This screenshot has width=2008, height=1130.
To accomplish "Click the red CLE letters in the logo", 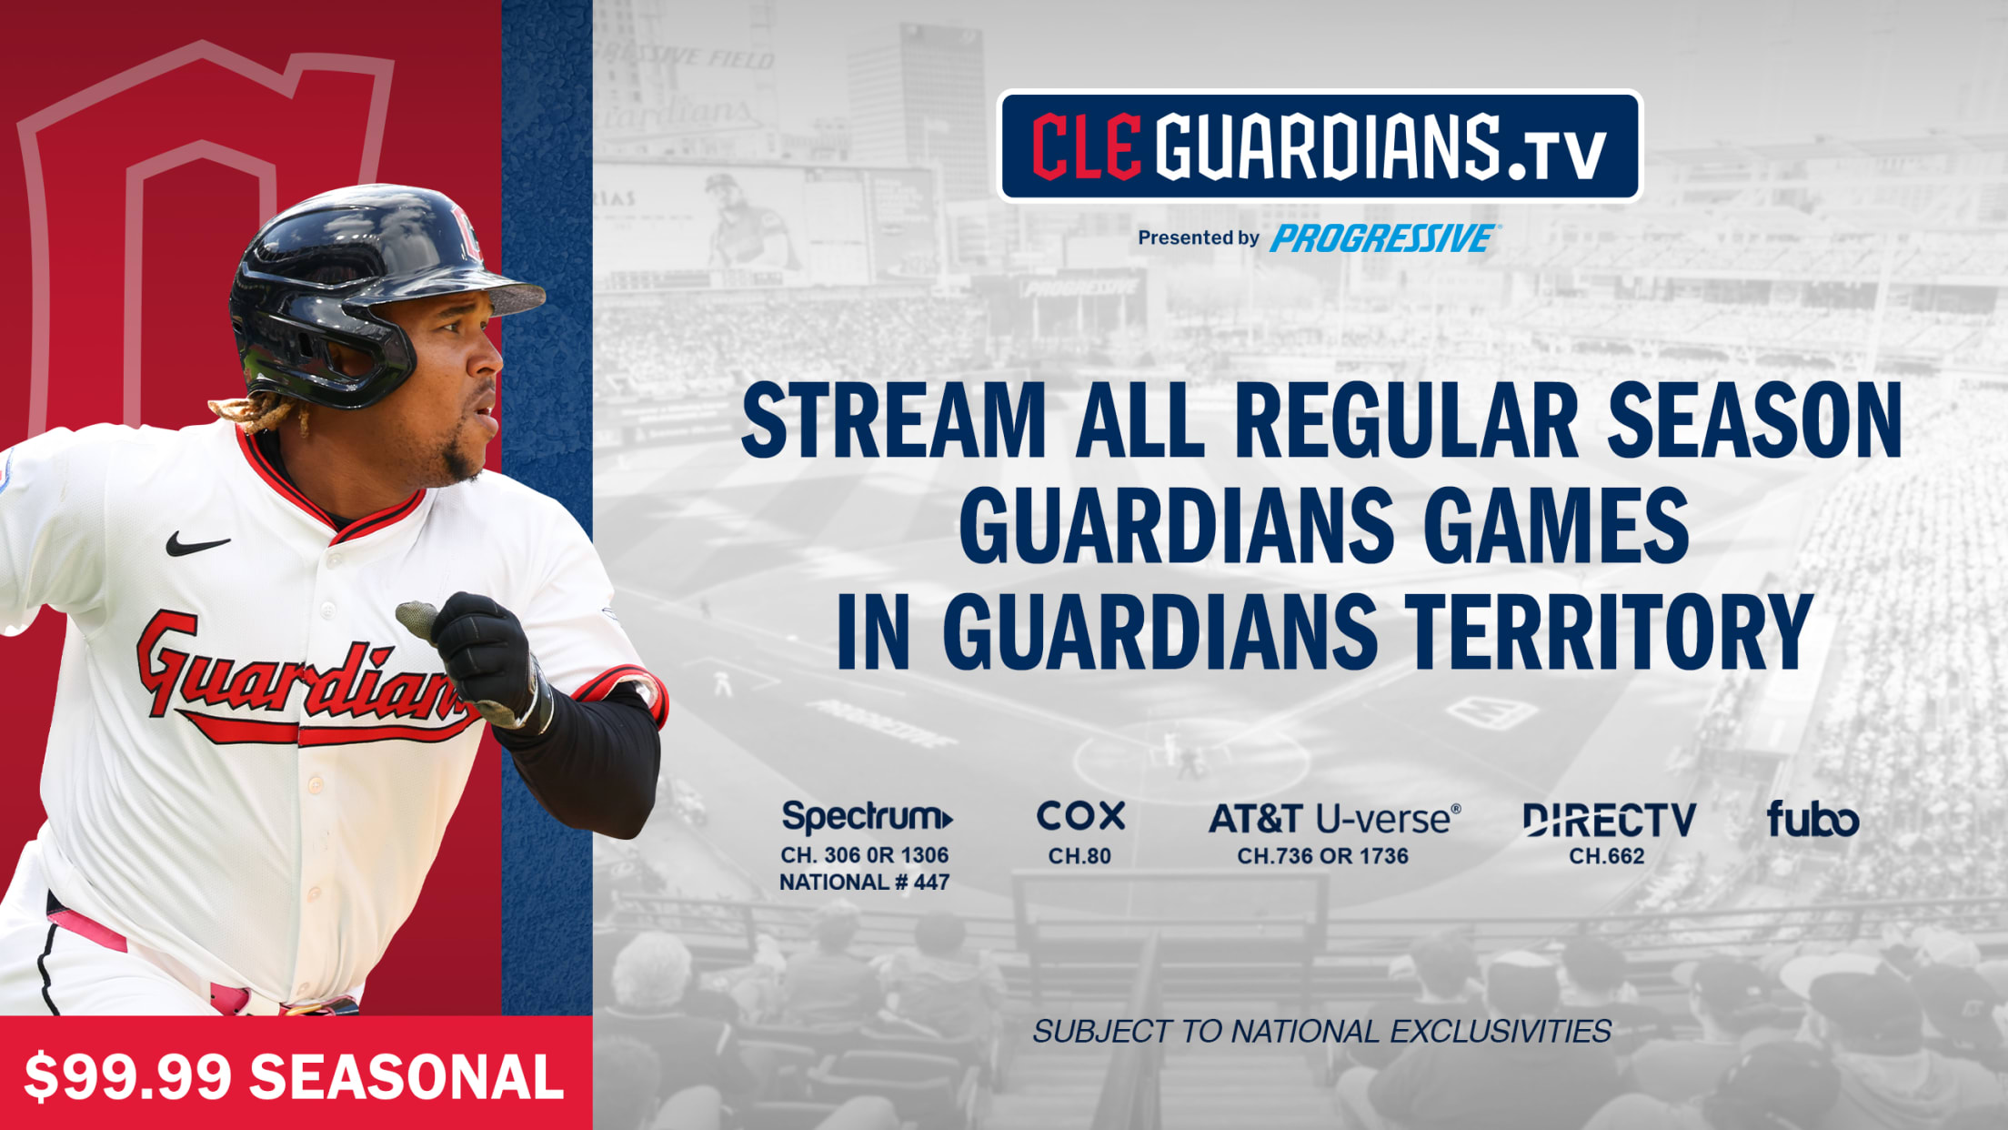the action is click(x=1087, y=146).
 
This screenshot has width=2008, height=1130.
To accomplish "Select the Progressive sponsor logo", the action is click(x=1383, y=238).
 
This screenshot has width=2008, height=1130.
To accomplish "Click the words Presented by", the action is click(x=1199, y=237).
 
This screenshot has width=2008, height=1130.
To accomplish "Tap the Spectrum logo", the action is click(x=868, y=817).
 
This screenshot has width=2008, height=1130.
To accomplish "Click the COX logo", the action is click(x=1080, y=816).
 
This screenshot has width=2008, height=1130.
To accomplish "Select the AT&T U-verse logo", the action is click(x=1334, y=820).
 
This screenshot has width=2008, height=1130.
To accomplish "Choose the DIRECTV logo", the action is click(x=1609, y=820).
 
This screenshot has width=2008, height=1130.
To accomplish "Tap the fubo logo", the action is click(x=1812, y=819).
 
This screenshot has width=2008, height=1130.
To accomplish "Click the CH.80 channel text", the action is click(x=1079, y=856).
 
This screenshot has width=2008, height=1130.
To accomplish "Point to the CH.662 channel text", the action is click(x=1607, y=856).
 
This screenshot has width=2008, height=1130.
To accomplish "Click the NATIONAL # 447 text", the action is click(x=864, y=882).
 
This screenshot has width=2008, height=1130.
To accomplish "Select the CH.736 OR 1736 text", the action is click(x=1322, y=856).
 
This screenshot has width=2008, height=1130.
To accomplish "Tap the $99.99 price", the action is click(x=128, y=1077).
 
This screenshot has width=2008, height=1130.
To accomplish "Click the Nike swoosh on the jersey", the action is click(x=196, y=544).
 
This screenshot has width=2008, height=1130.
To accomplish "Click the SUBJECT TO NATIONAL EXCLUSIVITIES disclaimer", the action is click(x=1321, y=1031).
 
